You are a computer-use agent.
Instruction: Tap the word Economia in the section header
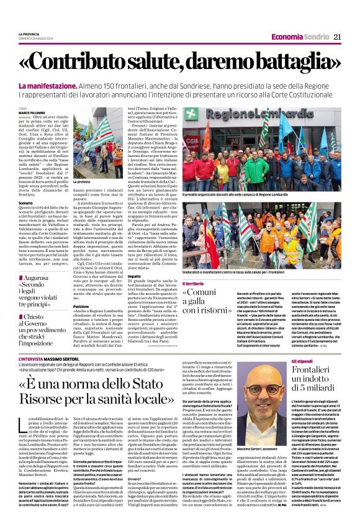289,37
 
